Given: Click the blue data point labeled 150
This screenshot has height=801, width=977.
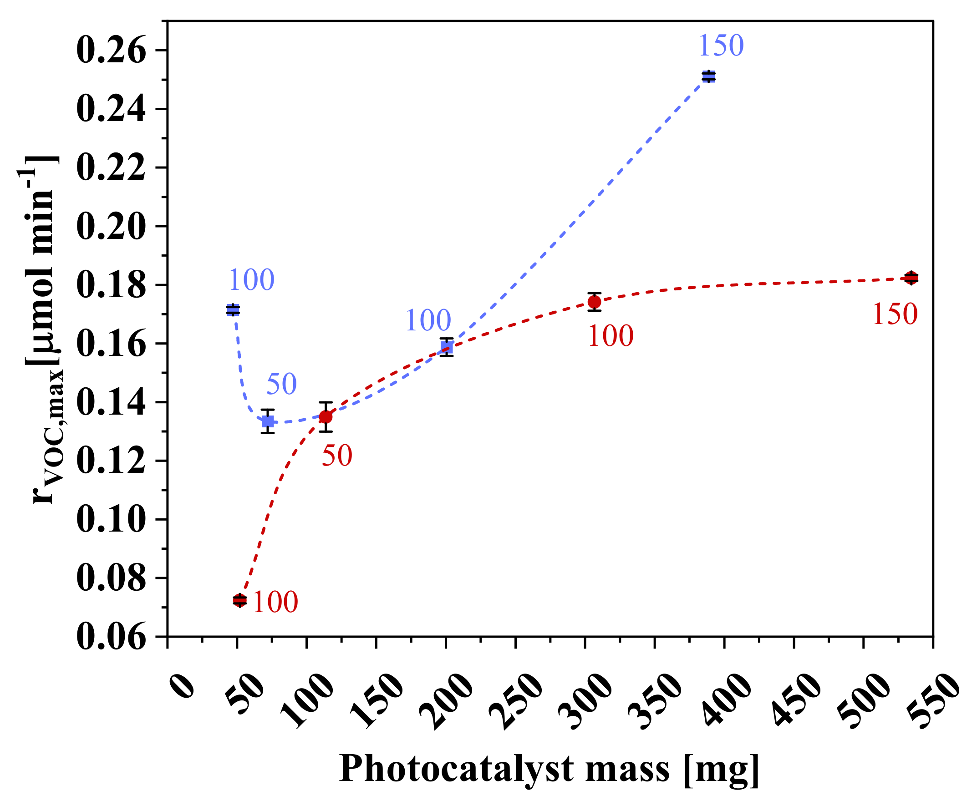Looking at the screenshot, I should tap(708, 76).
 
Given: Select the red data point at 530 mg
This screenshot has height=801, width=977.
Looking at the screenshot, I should tap(911, 278).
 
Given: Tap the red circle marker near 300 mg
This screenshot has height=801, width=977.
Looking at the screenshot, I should tap(594, 302).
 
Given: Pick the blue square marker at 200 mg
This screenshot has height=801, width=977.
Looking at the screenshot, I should tap(446, 347).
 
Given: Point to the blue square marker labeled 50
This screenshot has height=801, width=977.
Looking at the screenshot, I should tap(268, 421).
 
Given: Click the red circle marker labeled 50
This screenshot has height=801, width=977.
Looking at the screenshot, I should tap(326, 416).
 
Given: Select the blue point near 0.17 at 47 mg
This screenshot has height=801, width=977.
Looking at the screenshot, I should tap(233, 309).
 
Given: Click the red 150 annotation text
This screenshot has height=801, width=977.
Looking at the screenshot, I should tap(895, 314).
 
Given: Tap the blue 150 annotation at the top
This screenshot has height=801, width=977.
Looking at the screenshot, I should tap(721, 46).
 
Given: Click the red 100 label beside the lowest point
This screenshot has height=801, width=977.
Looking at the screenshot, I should tap(275, 602).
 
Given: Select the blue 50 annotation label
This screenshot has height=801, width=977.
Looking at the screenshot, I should tap(281, 384).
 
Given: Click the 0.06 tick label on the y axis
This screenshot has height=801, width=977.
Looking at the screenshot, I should tap(111, 637).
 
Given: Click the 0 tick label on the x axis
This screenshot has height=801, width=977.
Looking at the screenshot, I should tap(183, 686).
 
